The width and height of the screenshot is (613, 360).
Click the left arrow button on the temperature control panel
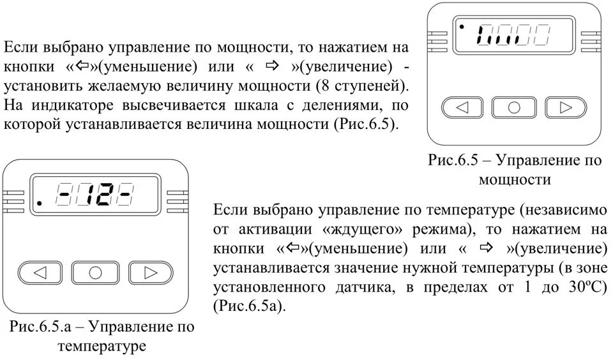[x=41, y=273]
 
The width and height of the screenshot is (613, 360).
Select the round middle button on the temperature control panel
[x=95, y=273]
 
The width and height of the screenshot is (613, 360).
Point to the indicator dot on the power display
[x=459, y=27]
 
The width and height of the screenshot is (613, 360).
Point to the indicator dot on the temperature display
[x=40, y=204]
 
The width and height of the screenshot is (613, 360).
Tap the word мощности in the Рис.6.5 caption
[x=515, y=180]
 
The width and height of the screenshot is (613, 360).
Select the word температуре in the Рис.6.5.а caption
[x=102, y=347]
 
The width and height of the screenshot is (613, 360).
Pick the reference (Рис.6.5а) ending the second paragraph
[x=250, y=306]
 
